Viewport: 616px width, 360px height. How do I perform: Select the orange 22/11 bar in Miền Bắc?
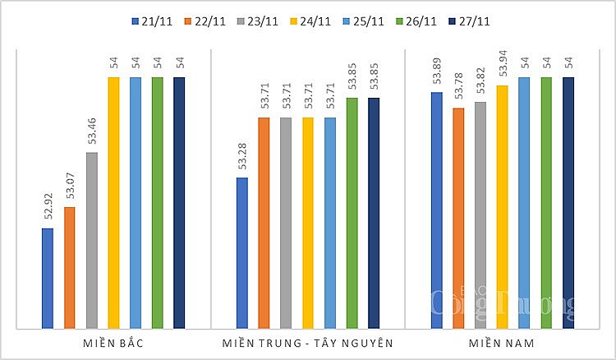tap(70, 267)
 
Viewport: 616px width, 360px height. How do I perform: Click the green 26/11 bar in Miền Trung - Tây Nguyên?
tap(352, 213)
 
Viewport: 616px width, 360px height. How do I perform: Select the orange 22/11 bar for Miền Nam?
tap(458, 218)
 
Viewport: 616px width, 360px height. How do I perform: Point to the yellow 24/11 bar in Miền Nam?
tap(502, 206)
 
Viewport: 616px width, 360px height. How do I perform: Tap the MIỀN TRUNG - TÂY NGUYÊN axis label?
tap(308, 341)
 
